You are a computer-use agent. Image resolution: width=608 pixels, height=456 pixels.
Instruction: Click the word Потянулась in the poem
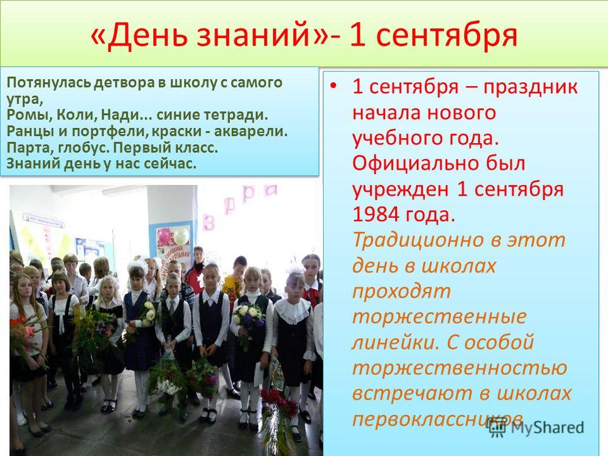coord(49,82)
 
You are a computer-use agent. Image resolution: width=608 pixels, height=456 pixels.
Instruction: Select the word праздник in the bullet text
coord(530,87)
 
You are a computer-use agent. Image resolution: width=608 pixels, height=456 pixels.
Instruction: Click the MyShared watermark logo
coord(536,427)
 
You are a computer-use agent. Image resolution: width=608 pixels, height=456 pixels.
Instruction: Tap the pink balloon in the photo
coord(164,236)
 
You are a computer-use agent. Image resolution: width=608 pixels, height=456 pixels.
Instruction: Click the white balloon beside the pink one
coord(180,235)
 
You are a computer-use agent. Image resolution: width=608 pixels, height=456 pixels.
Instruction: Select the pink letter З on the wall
coord(208,222)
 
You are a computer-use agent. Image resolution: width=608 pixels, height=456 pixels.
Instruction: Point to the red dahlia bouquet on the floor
coord(280,403)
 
